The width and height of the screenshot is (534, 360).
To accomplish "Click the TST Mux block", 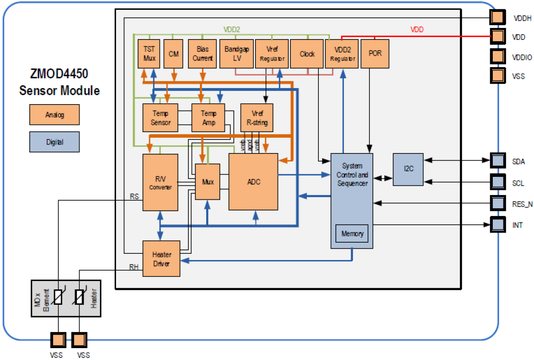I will coord(149,54).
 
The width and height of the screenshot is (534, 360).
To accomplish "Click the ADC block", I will coord(253,181).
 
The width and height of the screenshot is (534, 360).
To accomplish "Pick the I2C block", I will coord(408,169).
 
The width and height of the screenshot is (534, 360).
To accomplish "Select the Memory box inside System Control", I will coord(352,234).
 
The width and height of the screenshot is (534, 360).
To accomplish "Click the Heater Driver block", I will coord(162,258).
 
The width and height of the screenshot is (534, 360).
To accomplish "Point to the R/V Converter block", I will coord(160,182).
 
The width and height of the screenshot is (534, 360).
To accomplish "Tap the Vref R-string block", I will coord(256,118).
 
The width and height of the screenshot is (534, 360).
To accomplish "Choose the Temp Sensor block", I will coord(160,118).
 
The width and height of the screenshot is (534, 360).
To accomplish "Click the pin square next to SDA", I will coord(497,161).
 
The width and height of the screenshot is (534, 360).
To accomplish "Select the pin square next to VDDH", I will coord(497,17).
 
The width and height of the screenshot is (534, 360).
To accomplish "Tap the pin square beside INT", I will coord(497,224).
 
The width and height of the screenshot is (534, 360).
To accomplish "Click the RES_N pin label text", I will coord(522,204).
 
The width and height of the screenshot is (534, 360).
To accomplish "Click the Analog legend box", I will coord(54,115).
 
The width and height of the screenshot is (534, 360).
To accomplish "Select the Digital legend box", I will coord(54,142).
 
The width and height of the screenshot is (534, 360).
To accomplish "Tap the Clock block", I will coord(307,54).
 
